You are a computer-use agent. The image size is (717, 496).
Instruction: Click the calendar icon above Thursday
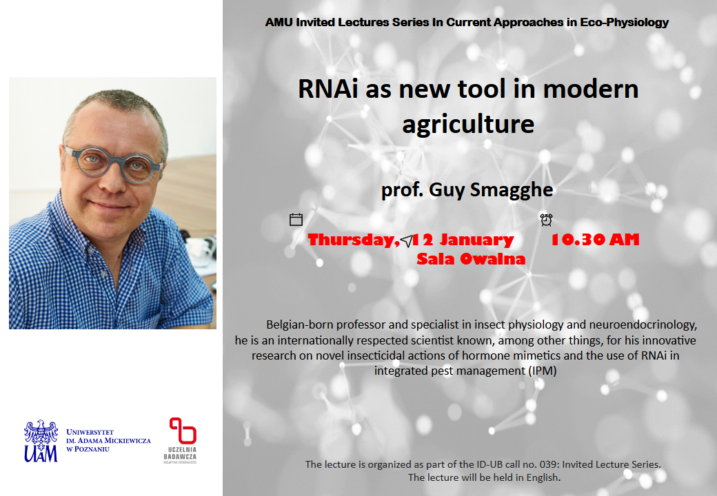pyautogui.click(x=296, y=220)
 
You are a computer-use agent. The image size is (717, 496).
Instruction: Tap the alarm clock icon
pyautogui.click(x=546, y=220)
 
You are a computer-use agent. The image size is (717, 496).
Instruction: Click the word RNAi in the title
pyautogui.click(x=328, y=89)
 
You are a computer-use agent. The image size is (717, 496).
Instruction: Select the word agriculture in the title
pyautogui.click(x=468, y=124)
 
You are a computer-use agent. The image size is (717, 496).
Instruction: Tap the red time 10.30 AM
pyautogui.click(x=595, y=239)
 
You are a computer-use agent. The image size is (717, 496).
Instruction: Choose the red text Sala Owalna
pyautogui.click(x=471, y=259)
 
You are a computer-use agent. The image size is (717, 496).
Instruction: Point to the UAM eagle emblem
pyautogui.click(x=41, y=441)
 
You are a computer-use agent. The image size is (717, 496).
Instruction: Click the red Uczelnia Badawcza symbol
pyautogui.click(x=183, y=431)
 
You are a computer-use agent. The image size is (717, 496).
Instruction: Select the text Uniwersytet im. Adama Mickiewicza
pyautogui.click(x=108, y=440)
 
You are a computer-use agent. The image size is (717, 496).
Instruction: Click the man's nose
pyautogui.click(x=111, y=181)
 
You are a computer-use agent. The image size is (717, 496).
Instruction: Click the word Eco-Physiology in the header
pyautogui.click(x=624, y=22)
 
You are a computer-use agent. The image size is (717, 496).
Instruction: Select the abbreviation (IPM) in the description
pyautogui.click(x=543, y=371)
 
